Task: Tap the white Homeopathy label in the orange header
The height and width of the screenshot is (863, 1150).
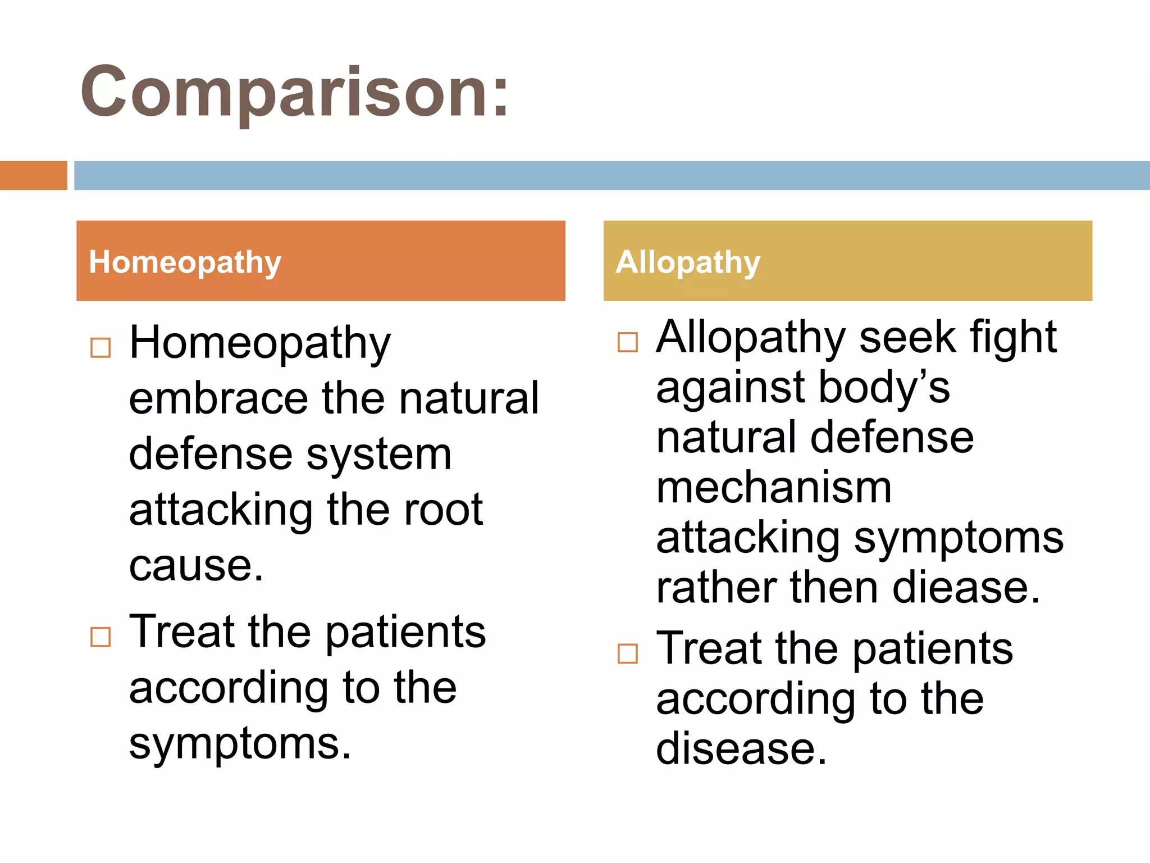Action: point(185,262)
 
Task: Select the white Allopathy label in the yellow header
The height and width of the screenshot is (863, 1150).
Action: point(687,262)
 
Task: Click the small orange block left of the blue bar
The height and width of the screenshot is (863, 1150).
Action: point(33,175)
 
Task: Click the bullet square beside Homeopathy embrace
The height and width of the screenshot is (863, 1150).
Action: point(101,348)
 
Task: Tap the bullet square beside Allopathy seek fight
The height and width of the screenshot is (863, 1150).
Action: point(627,342)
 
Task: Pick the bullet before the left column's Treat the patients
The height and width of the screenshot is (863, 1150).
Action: point(101,637)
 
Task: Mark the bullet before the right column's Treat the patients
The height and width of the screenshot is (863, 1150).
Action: point(627,653)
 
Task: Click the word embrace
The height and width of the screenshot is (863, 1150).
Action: point(218,399)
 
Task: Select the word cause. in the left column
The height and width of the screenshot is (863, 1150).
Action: point(196,566)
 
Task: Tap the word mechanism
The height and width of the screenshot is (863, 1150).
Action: point(774,488)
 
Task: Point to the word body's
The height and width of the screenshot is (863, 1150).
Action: point(884,388)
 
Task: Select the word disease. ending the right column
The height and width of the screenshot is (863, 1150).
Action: point(741,749)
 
